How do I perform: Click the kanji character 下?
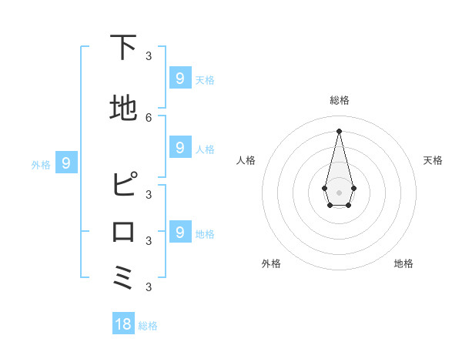click(124, 48)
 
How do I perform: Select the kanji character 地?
click(124, 109)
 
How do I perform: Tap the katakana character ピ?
click(124, 186)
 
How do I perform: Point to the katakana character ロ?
click(124, 232)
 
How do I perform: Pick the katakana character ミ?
click(124, 277)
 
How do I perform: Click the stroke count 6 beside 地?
click(149, 117)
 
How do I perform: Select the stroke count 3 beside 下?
click(149, 56)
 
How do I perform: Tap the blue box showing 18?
click(123, 324)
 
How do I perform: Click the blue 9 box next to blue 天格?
click(179, 78)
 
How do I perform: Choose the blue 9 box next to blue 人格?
click(179, 147)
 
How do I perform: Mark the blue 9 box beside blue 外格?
click(66, 163)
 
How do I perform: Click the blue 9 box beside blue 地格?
click(179, 232)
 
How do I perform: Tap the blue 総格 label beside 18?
click(148, 326)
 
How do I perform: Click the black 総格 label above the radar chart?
click(340, 100)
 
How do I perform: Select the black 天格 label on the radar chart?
click(433, 160)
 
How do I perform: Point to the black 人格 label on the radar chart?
click(246, 160)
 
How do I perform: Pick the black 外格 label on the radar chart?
click(271, 263)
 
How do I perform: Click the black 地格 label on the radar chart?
click(403, 263)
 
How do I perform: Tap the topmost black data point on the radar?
click(339, 130)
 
